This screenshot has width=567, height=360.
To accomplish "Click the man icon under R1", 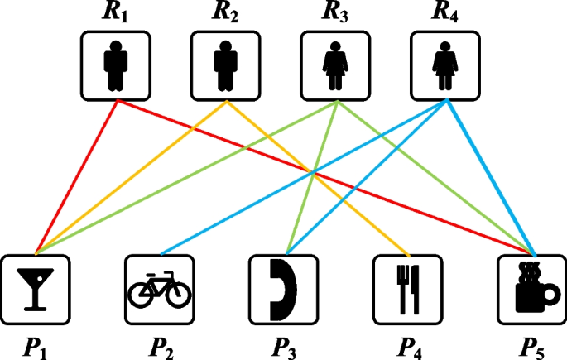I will [115, 65].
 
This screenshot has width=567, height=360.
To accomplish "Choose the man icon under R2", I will [225, 65].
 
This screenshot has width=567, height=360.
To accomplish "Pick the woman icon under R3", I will [334, 65].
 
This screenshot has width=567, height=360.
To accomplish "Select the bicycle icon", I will [159, 289].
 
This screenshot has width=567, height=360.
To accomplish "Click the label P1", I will [34, 343].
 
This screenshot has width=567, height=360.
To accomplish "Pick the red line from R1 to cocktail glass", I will [76, 175].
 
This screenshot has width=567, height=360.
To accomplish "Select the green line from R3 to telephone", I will [311, 176].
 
